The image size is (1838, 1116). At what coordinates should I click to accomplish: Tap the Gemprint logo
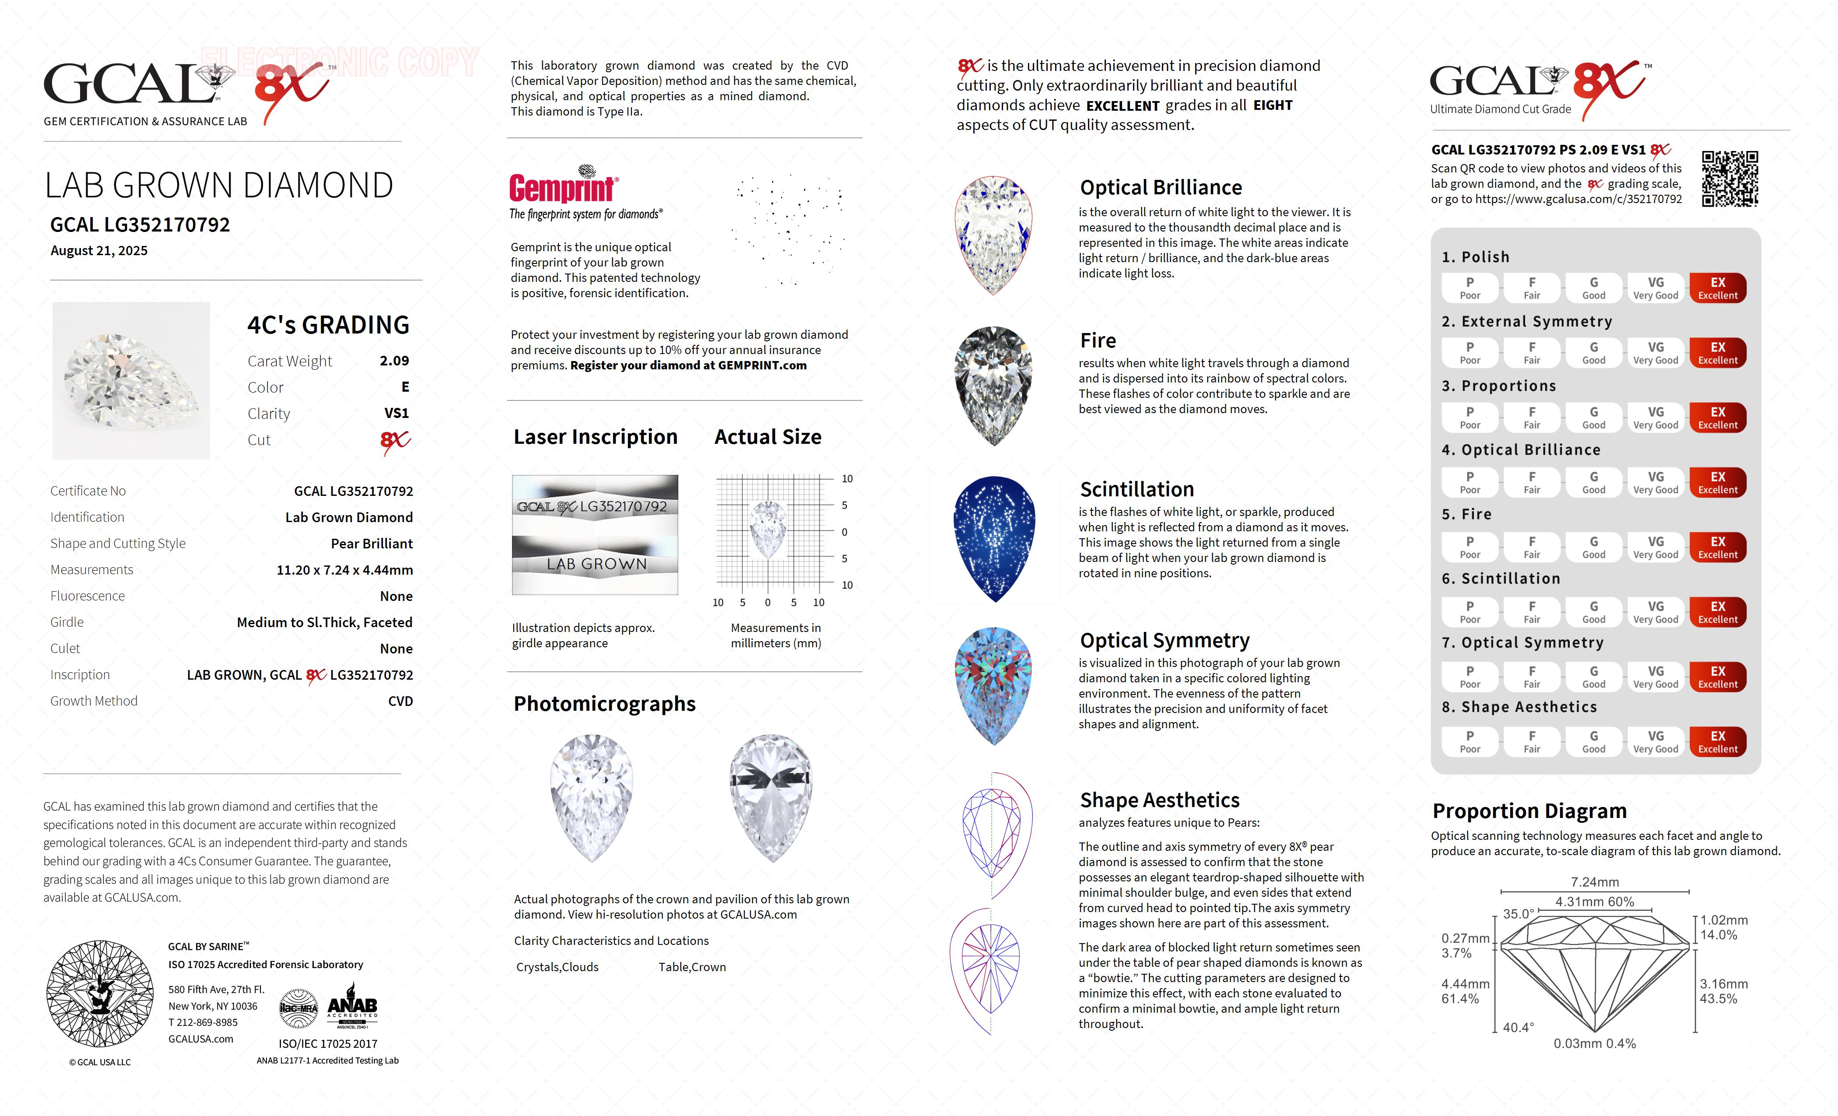click(x=563, y=186)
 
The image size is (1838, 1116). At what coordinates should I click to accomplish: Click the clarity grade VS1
click(x=396, y=413)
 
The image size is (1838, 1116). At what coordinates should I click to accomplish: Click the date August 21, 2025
click(x=99, y=251)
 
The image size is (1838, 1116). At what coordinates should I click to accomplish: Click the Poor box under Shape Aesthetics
click(x=1470, y=741)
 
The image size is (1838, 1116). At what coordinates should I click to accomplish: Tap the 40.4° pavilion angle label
click(x=1518, y=1027)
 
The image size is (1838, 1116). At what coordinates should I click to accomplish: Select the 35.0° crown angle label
click(x=1518, y=914)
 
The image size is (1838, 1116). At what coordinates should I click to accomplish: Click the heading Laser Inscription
click(x=595, y=437)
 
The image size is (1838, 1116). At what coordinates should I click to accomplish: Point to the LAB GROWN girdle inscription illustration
click(x=595, y=564)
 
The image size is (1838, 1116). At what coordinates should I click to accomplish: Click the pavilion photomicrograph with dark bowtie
click(x=771, y=797)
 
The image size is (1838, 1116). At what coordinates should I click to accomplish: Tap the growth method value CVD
click(x=400, y=701)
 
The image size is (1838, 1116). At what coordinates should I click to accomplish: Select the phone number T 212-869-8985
click(x=203, y=1022)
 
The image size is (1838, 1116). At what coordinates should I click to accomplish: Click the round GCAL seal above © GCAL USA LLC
click(x=100, y=993)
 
